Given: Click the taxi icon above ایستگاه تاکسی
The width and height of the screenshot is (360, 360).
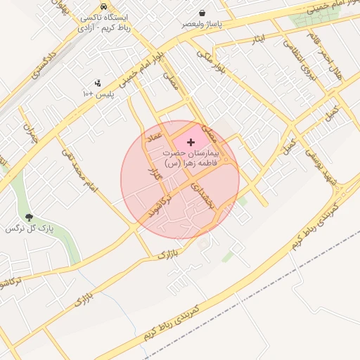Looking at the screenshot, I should (104, 6).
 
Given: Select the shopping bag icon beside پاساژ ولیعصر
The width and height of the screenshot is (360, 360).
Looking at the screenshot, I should (202, 13).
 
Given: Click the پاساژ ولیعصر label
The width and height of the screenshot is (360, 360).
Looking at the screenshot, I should (202, 24).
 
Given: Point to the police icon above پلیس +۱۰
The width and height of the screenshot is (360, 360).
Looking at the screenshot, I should (97, 83).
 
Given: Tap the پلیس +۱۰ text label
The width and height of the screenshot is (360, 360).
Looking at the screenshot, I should (98, 94).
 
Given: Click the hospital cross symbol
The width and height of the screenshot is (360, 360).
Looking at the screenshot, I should (191, 142).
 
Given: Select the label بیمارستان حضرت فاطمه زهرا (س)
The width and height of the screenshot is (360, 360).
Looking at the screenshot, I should (191, 157).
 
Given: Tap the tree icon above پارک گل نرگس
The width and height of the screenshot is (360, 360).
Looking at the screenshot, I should (29, 218).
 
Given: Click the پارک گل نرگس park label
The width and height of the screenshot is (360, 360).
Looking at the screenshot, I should (30, 229).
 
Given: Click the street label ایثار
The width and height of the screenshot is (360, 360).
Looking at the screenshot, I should (259, 41).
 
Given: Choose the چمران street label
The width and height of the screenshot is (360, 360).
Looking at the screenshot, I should (30, 134).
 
